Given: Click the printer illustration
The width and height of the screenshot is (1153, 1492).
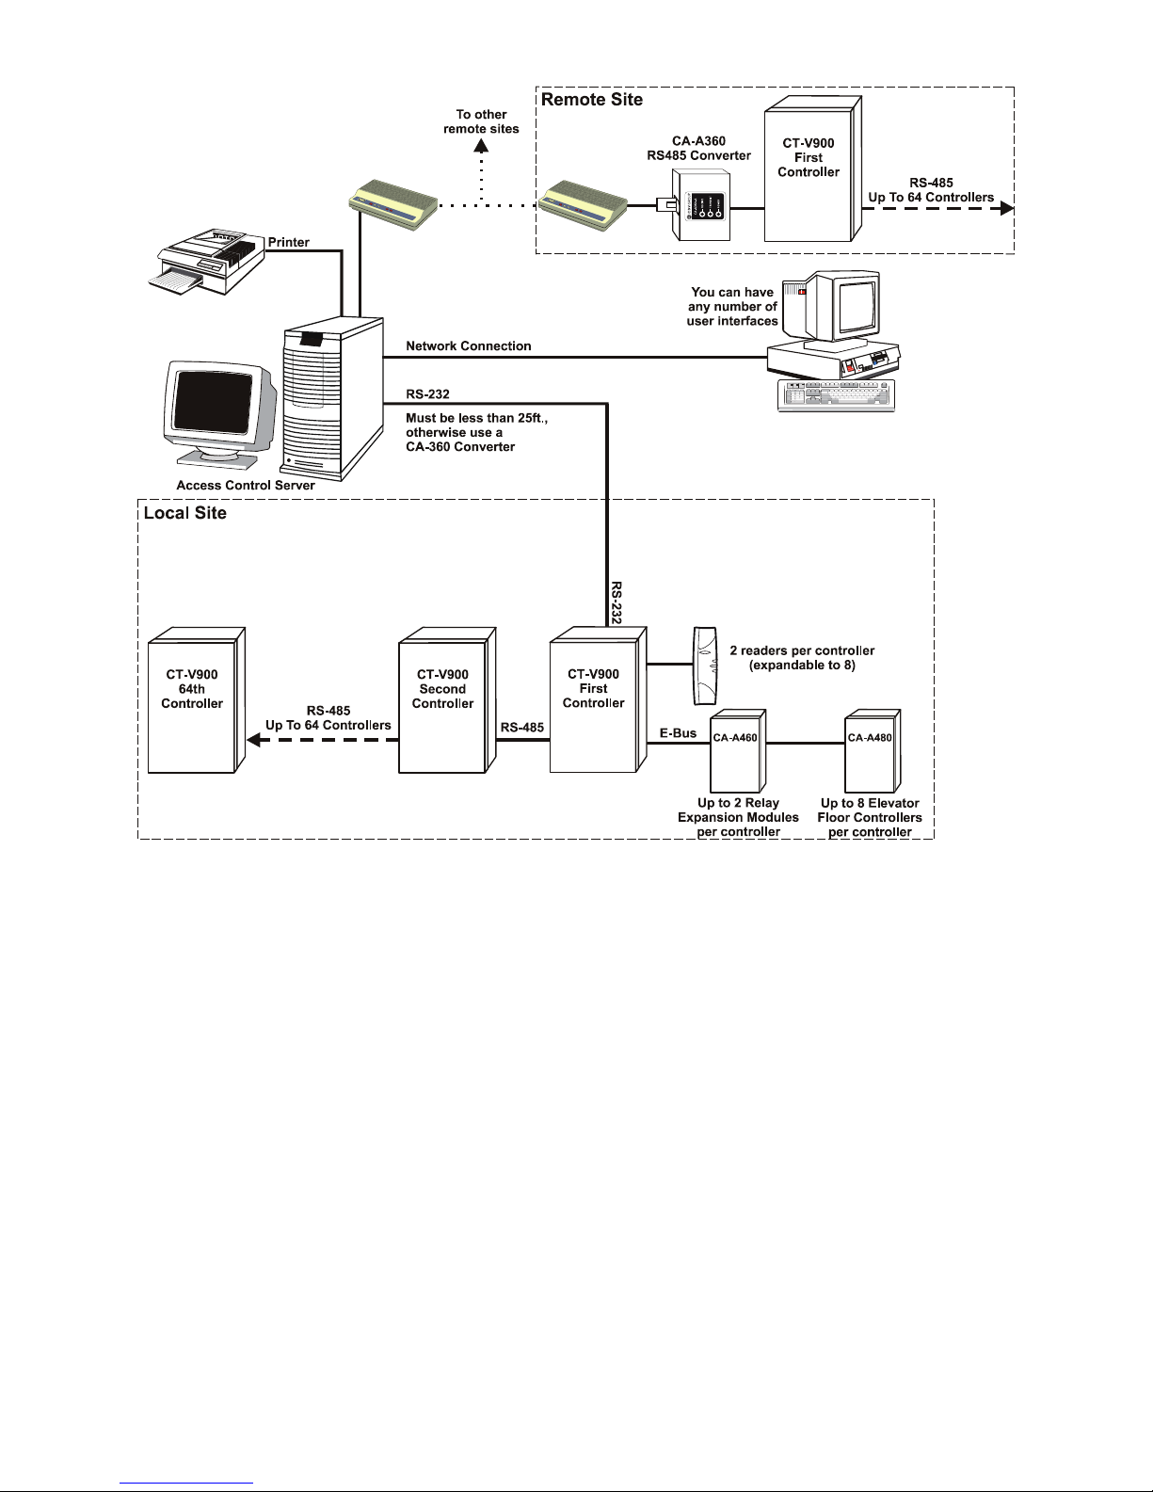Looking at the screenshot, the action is pos(206,263).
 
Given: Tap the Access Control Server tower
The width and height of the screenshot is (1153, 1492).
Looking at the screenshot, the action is pos(332,398).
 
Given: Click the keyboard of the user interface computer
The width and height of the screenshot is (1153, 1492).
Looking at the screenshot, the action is pos(836,395).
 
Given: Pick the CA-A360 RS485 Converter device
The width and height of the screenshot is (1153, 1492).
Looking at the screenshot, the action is pos(700,205).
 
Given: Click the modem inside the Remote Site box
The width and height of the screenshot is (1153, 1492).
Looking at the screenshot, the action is pos(582,204).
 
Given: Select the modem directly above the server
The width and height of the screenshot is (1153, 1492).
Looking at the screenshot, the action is pos(392,204).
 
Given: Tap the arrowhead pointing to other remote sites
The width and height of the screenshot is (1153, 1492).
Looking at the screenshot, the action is pos(481,146).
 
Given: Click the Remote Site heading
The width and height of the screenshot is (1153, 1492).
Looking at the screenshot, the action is pos(592,100).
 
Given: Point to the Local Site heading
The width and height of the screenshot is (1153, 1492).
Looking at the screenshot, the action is pos(184,513).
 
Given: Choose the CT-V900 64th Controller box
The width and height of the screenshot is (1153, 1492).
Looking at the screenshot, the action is pos(197,700).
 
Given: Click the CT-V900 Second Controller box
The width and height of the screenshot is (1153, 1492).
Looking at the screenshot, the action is pos(447,700).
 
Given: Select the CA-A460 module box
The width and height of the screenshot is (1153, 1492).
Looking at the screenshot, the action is pos(738,751).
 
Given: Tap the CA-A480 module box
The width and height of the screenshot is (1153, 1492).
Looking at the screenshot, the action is pos(873,751).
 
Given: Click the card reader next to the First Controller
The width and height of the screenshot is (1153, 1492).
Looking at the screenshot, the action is pos(705,666).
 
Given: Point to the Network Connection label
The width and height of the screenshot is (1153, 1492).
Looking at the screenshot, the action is pos(468,346).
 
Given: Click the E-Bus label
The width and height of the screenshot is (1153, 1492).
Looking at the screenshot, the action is pos(678,733).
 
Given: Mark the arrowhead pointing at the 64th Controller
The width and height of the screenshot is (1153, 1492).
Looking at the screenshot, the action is pos(253,740).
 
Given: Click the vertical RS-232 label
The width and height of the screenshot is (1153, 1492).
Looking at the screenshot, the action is pos(616,602).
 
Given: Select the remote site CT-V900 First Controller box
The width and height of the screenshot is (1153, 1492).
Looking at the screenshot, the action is pos(812,168).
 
